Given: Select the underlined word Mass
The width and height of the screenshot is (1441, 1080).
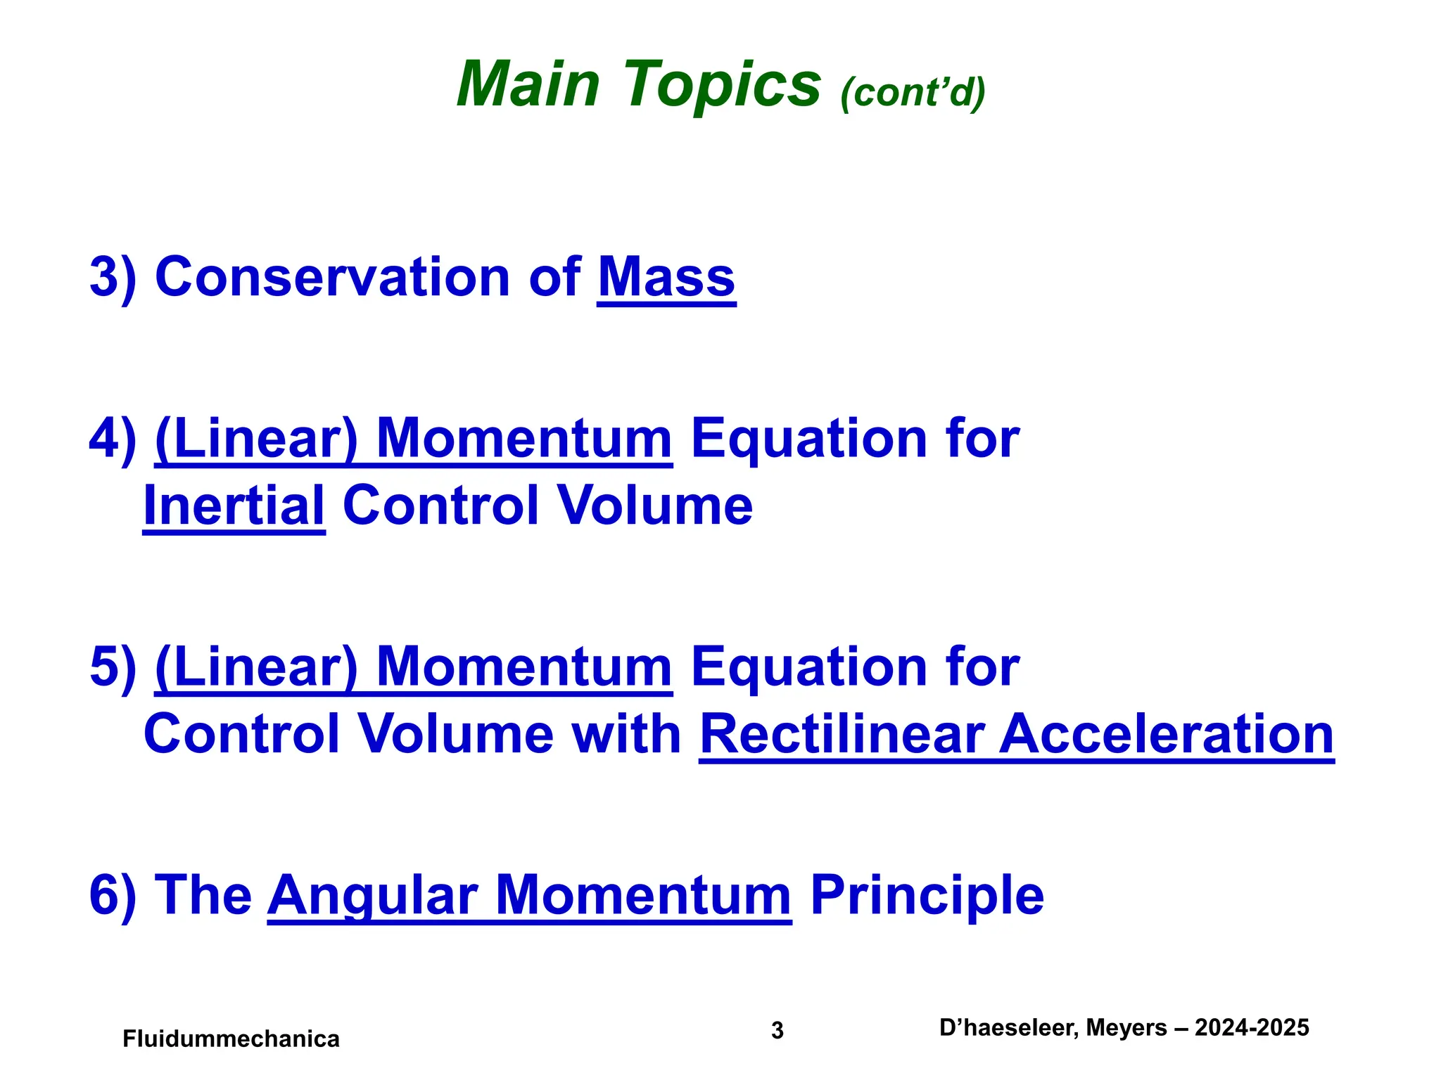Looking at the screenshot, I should (666, 278).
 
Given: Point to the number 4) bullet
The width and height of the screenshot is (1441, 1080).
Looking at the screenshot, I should (113, 439).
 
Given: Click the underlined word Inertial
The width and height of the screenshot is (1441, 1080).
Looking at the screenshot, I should (234, 506).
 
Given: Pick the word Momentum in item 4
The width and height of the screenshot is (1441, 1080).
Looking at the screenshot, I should (524, 439).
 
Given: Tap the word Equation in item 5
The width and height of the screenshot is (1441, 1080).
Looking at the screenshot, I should (809, 667).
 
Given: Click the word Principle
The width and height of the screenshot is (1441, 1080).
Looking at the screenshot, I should (927, 896).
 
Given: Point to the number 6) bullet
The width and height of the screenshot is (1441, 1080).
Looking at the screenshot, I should (113, 896).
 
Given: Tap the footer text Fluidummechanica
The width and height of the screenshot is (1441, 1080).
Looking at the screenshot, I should (231, 1039).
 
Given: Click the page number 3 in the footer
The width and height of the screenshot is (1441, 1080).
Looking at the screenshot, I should (777, 1030).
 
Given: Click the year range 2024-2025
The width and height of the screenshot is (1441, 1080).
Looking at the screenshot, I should (1252, 1028).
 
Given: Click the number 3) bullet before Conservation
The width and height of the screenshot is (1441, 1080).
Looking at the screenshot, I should (113, 278).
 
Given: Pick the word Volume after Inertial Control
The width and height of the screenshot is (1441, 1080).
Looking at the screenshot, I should (654, 506).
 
